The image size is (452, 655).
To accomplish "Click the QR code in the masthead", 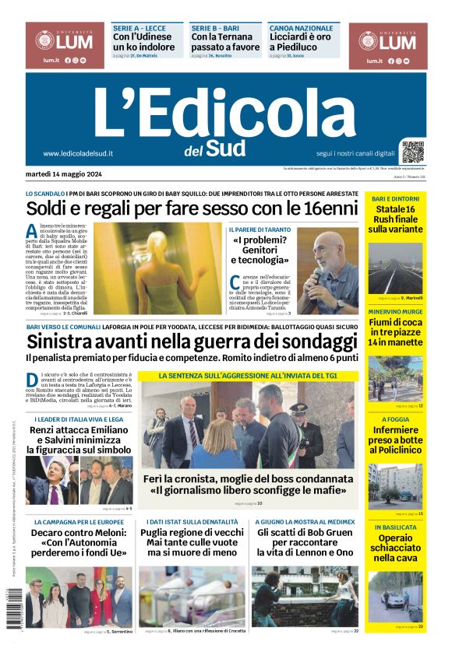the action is pyautogui.click(x=413, y=150).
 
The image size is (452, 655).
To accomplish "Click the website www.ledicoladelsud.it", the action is pyautogui.click(x=78, y=153).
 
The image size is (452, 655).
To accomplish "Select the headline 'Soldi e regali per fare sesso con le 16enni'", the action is pyautogui.click(x=191, y=208).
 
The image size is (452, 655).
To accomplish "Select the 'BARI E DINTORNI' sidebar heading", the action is pyautogui.click(x=395, y=198).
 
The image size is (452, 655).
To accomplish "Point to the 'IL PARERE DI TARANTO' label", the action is pyautogui.click(x=260, y=229).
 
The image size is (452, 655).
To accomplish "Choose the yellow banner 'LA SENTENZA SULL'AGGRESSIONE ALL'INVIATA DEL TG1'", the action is pyautogui.click(x=247, y=375).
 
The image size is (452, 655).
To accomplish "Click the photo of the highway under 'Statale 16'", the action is pyautogui.click(x=395, y=266).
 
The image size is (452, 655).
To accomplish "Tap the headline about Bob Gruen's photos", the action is pyautogui.click(x=305, y=543).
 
